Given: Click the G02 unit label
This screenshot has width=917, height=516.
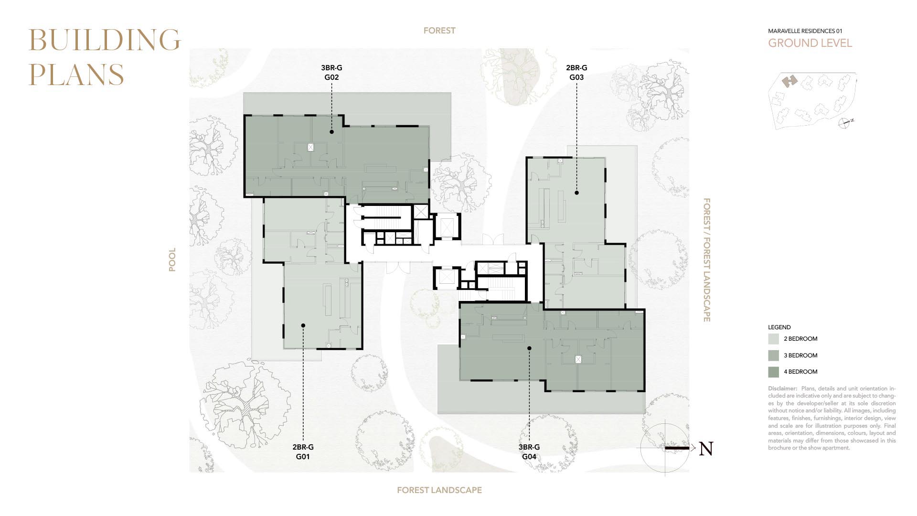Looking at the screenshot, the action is [331, 77].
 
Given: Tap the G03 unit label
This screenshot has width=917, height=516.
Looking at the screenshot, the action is [576, 77].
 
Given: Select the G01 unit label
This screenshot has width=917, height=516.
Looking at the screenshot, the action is [303, 456].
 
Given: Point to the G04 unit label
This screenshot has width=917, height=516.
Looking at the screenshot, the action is [529, 456].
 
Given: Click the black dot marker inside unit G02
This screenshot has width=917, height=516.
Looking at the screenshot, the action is [331, 131].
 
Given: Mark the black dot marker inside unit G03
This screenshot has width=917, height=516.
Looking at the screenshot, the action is [576, 193].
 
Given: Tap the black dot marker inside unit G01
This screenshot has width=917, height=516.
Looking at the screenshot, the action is [303, 325].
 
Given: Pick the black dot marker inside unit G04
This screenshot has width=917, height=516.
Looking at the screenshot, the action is [529, 348].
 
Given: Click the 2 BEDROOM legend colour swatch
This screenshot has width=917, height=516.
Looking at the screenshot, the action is [773, 339].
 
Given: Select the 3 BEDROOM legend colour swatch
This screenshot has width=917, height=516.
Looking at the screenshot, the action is [773, 355].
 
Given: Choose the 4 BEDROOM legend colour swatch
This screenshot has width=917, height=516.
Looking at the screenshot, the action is [773, 372].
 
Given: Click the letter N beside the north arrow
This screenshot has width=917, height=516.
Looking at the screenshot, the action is [706, 449].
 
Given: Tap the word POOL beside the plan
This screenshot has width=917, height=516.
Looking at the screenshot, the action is [172, 259].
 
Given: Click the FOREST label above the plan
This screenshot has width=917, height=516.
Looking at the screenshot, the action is [439, 31].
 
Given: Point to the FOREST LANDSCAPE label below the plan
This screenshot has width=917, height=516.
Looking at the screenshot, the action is [439, 490].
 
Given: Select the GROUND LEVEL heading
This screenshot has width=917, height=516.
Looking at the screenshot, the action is [810, 43].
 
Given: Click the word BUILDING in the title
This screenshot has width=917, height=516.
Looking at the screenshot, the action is [105, 40].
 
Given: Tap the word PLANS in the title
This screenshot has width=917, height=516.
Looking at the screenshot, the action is [76, 74].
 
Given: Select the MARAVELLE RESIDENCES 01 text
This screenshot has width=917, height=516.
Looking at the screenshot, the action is [805, 31].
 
